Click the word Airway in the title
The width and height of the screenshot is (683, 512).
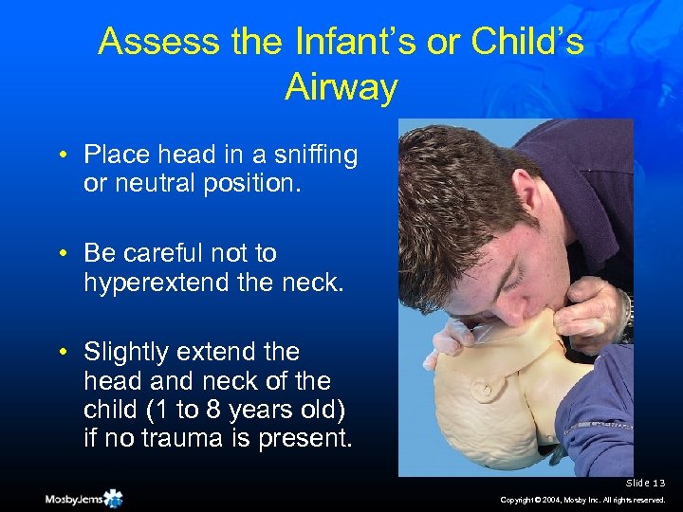341,88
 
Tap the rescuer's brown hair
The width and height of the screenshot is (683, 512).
446,190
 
